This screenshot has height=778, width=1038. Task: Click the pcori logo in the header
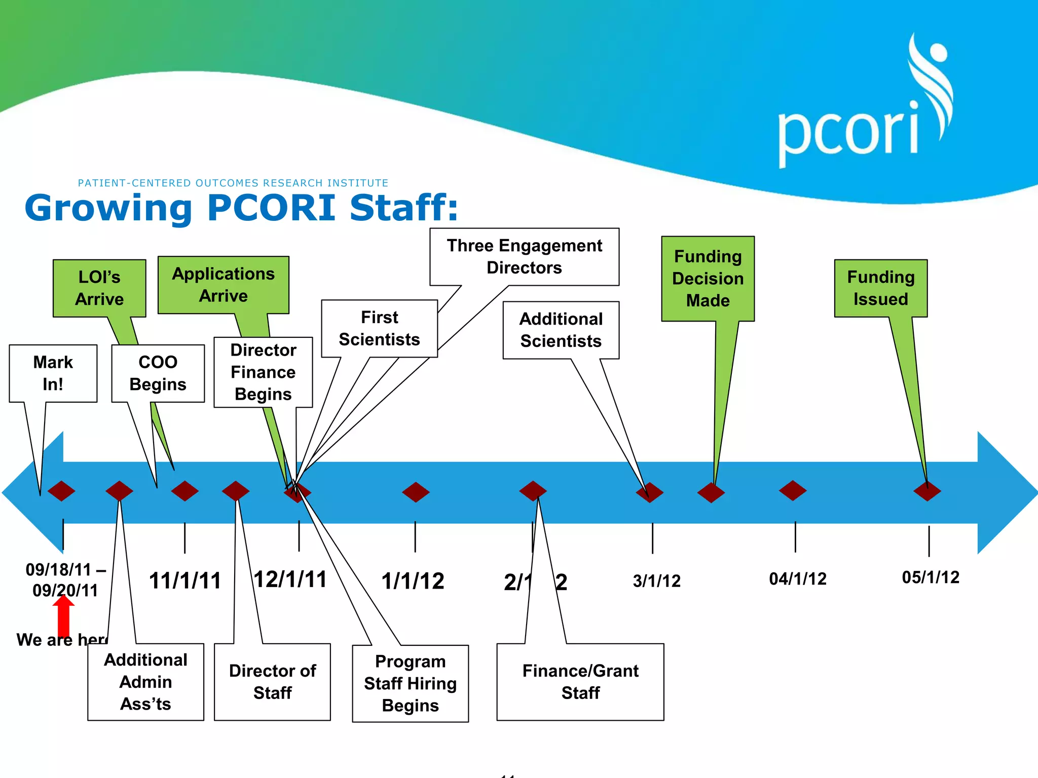862,106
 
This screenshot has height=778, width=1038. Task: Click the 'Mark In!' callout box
53,373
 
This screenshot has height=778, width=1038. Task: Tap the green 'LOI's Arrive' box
99,288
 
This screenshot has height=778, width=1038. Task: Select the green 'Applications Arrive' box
224,285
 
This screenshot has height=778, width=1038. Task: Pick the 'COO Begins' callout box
158,373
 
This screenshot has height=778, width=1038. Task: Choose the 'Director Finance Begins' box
263,372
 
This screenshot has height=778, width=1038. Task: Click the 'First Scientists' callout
380,328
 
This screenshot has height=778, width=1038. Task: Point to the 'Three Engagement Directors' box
524,257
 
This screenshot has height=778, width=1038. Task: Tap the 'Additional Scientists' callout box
561,330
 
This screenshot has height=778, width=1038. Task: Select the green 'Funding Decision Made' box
708,279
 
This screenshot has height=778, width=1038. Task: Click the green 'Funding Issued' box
881,288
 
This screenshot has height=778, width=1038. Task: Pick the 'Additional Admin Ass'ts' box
146,682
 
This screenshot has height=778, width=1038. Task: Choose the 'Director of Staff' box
273,682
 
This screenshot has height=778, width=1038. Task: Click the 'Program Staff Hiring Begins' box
411,683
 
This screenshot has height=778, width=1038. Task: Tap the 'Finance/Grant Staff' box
580,682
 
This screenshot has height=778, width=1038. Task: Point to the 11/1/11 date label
185,580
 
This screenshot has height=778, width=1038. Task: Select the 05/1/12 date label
931,577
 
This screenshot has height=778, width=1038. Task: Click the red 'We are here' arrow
63,615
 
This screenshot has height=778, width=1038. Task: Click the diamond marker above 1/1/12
416,492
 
